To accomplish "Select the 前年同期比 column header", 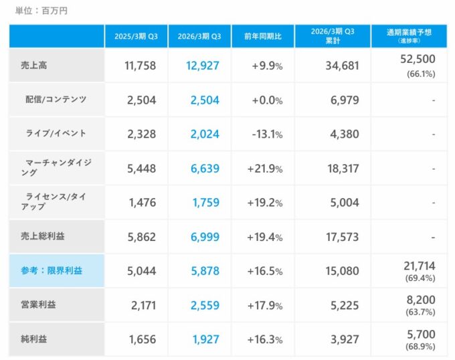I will point(263,36).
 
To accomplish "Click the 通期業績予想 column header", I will point(409,33).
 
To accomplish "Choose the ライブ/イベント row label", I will point(56,134).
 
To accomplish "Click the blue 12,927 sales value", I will point(201,66).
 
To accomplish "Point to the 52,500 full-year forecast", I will point(420,60).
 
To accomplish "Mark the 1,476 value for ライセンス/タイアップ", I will point(141,203).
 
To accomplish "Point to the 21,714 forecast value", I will point(420,265).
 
